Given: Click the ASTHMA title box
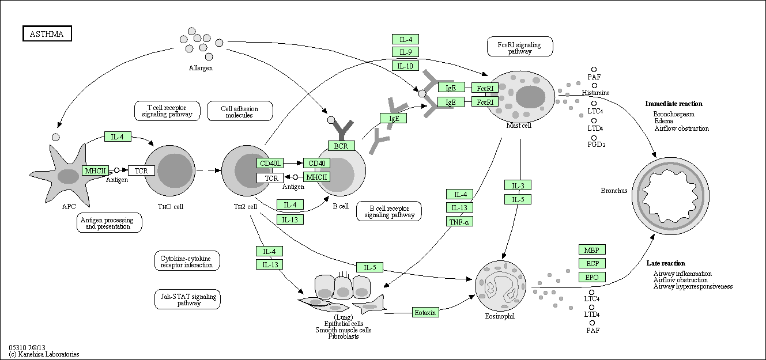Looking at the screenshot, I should point(47,34).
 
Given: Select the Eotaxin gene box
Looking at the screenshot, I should point(426,312).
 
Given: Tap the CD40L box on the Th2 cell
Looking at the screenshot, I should point(270,164).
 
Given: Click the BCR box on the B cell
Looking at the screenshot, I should point(341,146).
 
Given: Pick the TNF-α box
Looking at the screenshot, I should point(459,221).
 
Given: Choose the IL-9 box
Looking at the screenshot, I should point(405,52).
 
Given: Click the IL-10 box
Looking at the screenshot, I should point(405,66).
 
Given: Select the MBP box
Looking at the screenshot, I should point(592,250).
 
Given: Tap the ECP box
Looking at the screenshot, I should point(592,263).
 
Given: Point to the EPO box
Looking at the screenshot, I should point(592,277).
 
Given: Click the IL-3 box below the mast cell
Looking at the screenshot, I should point(518,185).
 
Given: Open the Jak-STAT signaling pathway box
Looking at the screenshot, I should point(187,300).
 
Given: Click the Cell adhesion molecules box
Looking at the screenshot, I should point(239,111).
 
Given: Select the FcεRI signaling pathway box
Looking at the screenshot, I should point(520,47).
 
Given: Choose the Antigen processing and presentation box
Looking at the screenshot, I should point(106,223).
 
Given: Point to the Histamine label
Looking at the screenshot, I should point(595,93).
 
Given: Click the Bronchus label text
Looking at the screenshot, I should point(613,191).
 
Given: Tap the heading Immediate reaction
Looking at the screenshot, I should point(674,104).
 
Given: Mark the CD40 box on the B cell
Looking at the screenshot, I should point(316,164).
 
